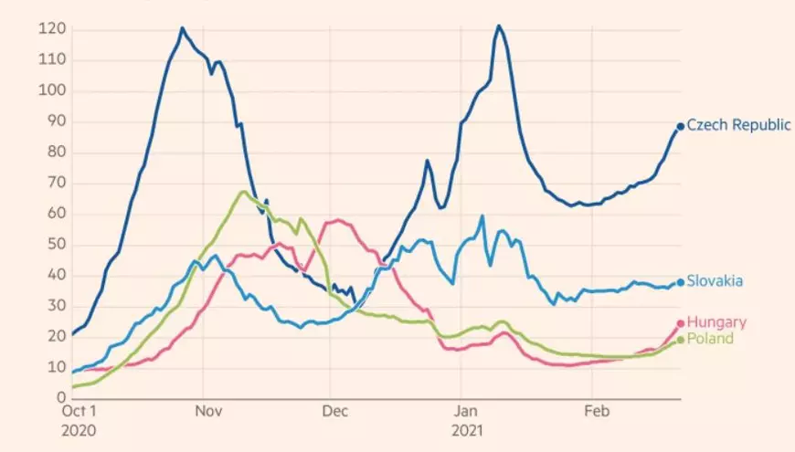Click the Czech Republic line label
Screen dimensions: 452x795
pos(738,125)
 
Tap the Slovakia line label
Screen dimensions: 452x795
pos(715,281)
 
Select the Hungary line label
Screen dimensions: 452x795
pos(716,322)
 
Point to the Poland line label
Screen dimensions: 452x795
pos(710,339)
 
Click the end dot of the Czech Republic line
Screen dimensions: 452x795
pos(680,127)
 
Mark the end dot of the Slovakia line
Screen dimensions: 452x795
pos(680,282)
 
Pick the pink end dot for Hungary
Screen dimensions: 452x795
pos(680,323)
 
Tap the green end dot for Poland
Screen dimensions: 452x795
pos(680,340)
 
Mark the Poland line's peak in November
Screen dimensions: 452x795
pos(242,191)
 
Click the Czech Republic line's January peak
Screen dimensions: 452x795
pos(499,26)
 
